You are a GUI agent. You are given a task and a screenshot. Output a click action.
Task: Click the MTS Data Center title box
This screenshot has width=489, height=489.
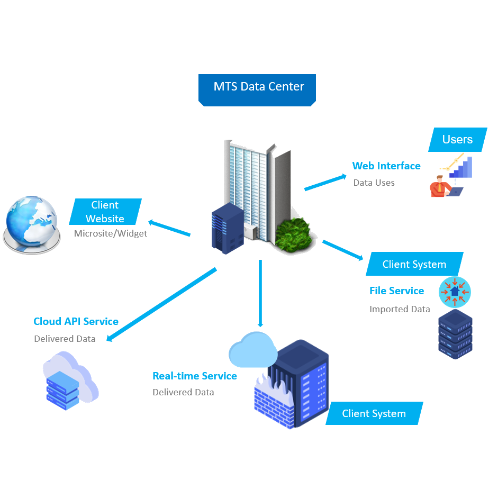point(258,87)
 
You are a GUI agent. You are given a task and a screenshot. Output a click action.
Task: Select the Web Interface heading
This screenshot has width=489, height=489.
point(386,166)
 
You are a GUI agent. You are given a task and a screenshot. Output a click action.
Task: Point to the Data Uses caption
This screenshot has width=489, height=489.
point(374,183)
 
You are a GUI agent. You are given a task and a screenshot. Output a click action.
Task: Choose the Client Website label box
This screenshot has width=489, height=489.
point(105,212)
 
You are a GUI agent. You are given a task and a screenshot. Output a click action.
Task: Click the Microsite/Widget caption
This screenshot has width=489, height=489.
point(110,233)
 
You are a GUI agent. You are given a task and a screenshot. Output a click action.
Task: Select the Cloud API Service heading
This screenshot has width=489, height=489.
point(76,322)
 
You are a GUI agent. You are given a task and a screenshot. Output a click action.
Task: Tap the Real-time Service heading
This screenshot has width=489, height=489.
point(194,376)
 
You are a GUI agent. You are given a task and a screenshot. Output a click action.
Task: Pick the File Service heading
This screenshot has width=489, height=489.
point(396,291)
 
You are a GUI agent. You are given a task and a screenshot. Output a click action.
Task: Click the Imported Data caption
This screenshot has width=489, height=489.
point(400,309)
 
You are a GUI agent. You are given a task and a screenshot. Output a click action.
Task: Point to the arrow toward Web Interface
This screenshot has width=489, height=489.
point(325,181)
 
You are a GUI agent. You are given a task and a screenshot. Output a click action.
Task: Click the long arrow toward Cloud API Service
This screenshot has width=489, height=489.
point(161,304)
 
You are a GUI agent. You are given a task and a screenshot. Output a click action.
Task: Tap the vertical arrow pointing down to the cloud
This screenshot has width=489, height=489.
point(260,294)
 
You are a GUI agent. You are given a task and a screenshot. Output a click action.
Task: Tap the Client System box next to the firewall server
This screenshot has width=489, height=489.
point(374,414)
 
